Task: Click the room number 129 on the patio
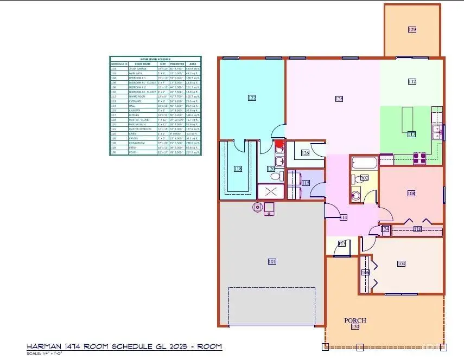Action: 412,29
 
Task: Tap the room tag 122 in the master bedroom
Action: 252,98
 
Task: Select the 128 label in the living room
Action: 339,99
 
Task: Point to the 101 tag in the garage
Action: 272,262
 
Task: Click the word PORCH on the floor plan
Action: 355,320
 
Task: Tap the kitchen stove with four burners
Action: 419,158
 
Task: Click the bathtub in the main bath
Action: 363,163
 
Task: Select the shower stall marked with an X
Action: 270,192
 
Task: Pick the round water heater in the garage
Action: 257,207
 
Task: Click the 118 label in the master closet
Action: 238,169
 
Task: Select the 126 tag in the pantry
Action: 306,153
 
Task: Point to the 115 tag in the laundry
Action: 306,184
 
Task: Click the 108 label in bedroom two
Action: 411,193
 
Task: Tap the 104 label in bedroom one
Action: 401,263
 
